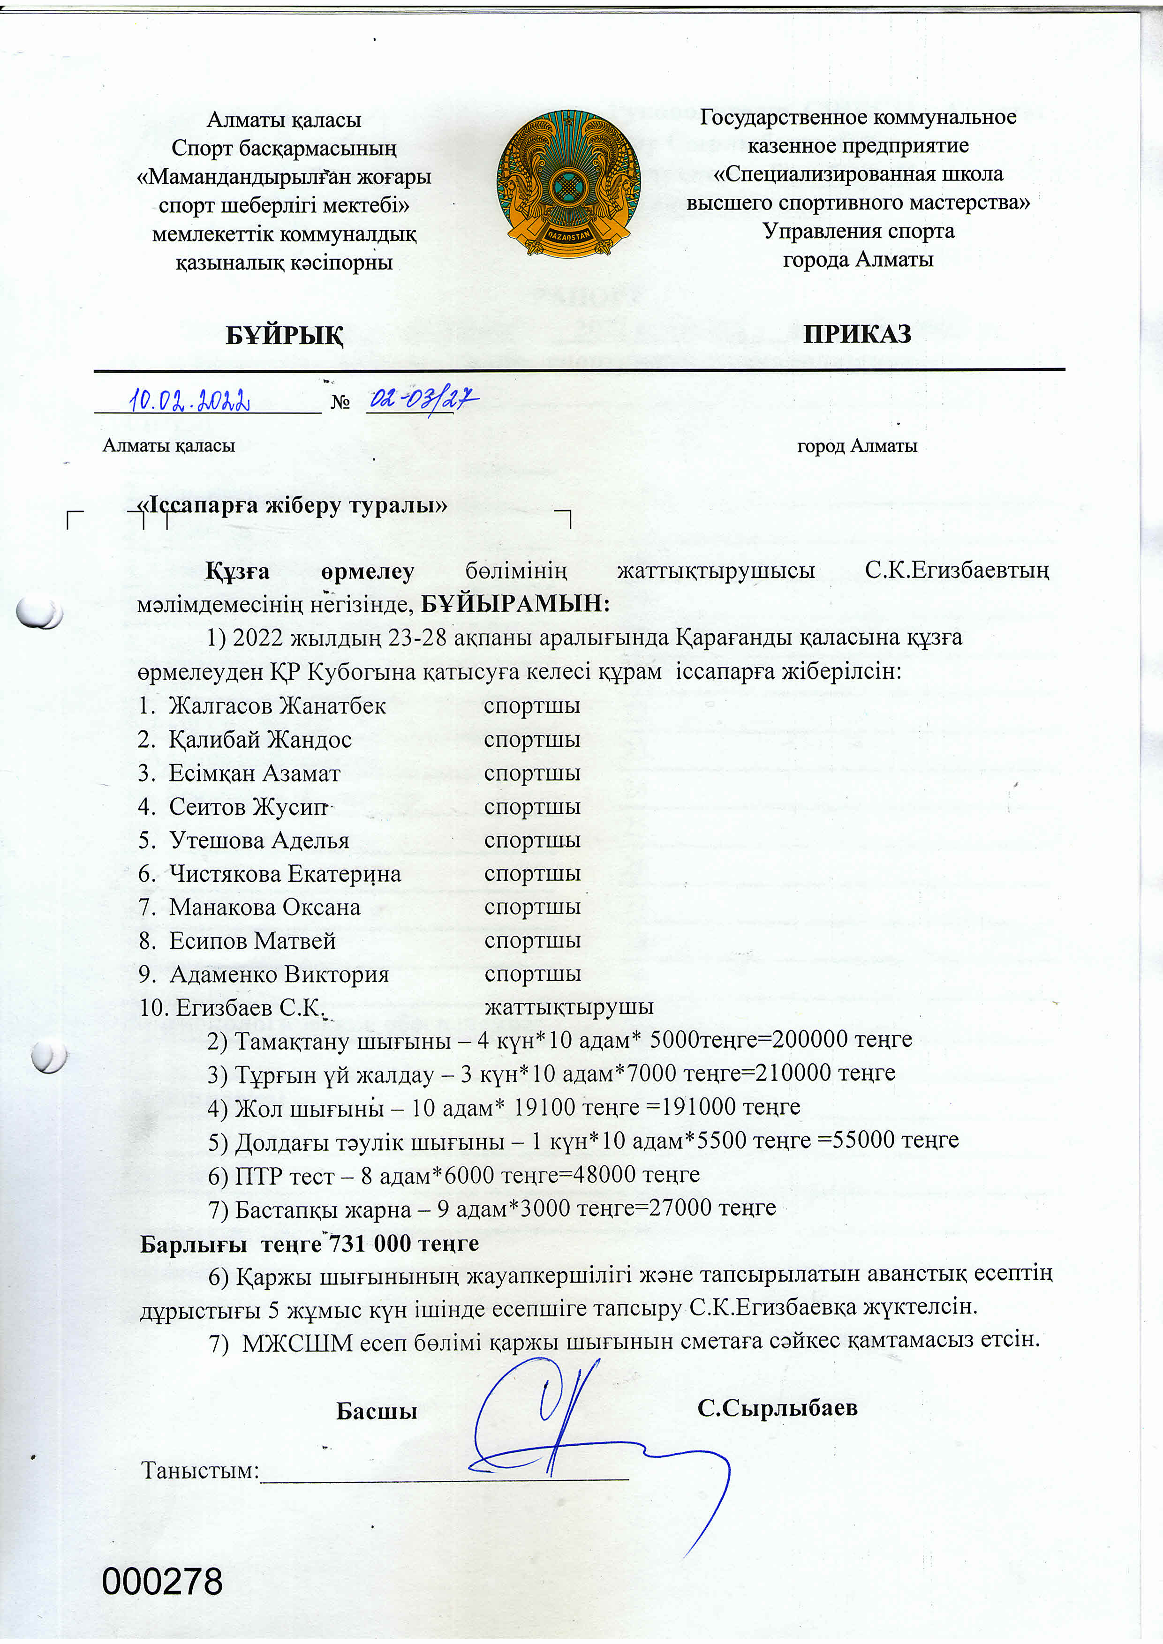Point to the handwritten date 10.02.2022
coord(190,400)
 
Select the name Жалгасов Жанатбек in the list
coord(277,706)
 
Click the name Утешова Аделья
coord(259,841)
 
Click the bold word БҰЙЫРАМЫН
coord(514,604)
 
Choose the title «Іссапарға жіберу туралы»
coord(292,505)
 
